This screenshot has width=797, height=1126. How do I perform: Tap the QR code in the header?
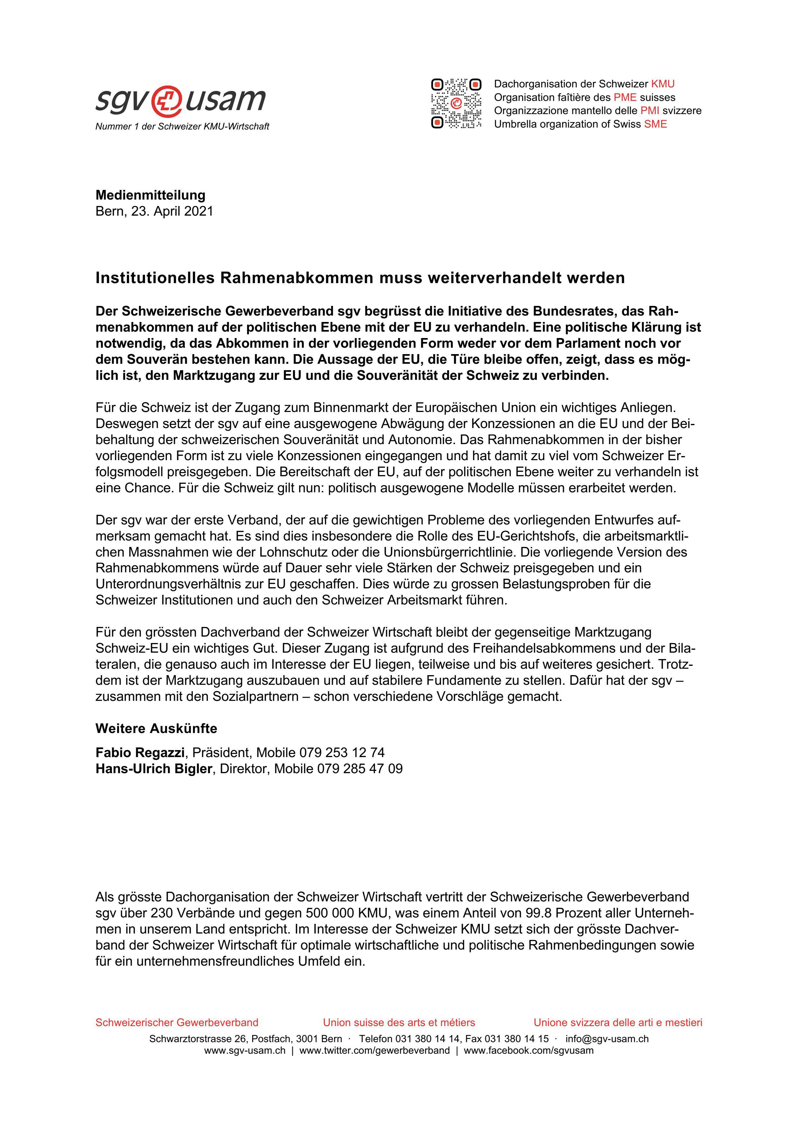456,103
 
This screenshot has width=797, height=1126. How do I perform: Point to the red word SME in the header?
655,124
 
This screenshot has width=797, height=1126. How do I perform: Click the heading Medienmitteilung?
150,195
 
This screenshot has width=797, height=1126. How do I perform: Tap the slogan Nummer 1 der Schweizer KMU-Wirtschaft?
182,127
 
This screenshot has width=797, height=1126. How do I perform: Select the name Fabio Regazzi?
140,752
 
